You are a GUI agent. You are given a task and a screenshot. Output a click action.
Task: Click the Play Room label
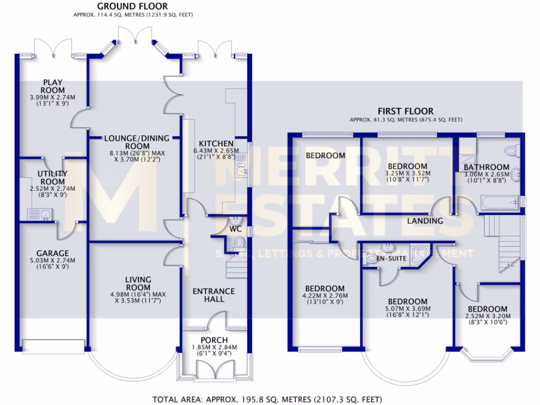coord(53,86)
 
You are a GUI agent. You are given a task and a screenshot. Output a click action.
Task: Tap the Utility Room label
coord(53,177)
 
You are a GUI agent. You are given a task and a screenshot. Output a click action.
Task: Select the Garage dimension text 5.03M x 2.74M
coord(53,260)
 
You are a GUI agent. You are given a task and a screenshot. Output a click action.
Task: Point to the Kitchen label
coord(216,144)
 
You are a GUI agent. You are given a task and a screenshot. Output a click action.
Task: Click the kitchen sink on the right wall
coord(242,170)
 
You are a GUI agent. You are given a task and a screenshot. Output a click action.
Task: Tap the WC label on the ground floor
coord(235,230)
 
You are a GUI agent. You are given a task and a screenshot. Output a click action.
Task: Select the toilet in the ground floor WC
coord(239,244)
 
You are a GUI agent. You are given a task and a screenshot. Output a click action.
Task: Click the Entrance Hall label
coord(214,295)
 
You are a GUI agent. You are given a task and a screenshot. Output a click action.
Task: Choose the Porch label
coord(214,340)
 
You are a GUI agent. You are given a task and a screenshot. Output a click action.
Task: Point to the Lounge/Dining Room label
coord(137,142)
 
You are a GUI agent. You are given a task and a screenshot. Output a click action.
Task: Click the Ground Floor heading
coord(132,6)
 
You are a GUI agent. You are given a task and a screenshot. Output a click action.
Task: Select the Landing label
coord(425,221)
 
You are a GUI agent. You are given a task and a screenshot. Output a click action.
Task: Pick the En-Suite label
coord(391,259)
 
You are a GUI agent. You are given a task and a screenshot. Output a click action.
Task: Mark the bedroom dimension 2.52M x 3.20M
coord(488,316)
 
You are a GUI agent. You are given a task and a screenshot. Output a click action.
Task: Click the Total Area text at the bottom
coord(267,399)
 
